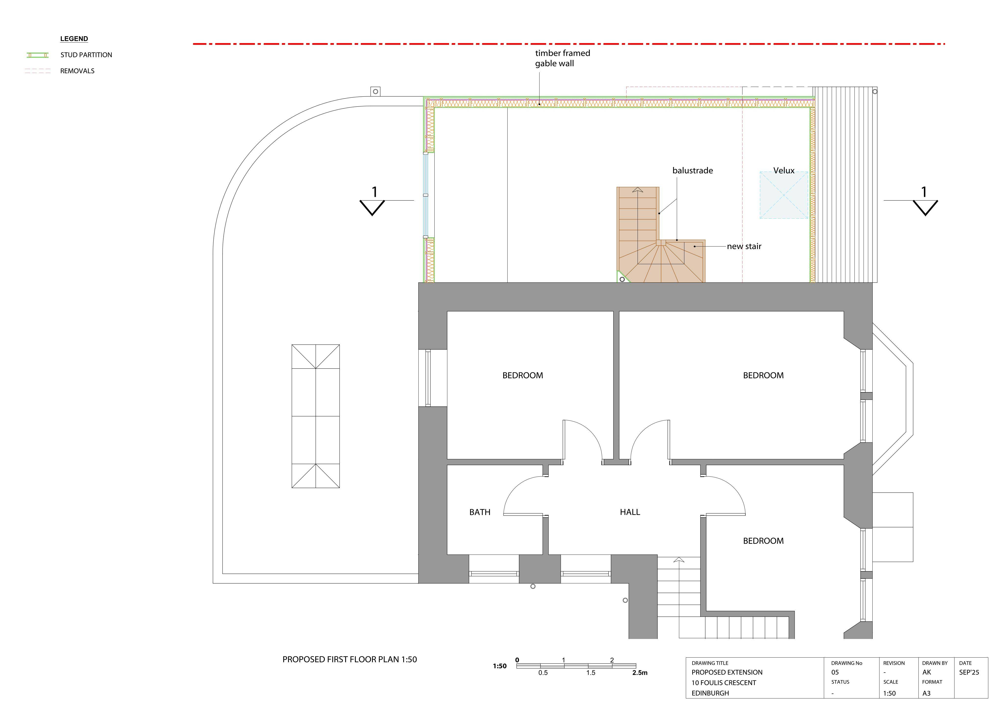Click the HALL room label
click(x=630, y=512)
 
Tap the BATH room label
click(x=480, y=512)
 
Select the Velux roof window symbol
click(x=784, y=195)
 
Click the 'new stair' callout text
click(x=744, y=246)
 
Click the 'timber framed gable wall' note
click(x=562, y=58)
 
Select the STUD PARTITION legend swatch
click(x=38, y=55)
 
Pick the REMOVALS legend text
click(x=77, y=71)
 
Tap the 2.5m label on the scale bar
click(x=640, y=673)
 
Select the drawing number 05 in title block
click(x=835, y=672)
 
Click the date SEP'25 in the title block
click(x=969, y=672)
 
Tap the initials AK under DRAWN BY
click(x=927, y=672)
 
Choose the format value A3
click(x=926, y=693)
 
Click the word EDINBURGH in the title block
click(x=710, y=693)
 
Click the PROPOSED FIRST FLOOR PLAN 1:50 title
click(x=349, y=659)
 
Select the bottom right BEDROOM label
click(x=763, y=541)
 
